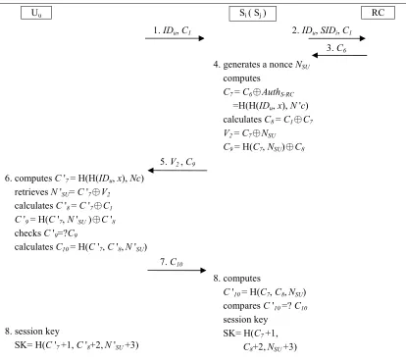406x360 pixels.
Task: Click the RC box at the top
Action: point(378,13)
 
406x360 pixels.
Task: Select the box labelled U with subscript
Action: point(36,13)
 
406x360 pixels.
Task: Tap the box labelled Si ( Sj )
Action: point(253,14)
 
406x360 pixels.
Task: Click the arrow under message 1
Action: point(175,38)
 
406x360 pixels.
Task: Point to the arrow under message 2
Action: point(336,38)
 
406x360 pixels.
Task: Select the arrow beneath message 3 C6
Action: point(339,55)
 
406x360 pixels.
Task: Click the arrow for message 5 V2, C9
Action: point(178,170)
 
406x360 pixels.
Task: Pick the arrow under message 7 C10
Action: point(177,270)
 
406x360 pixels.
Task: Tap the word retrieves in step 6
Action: point(31,192)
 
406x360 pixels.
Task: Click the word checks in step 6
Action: point(27,233)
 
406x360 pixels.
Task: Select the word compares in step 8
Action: point(241,306)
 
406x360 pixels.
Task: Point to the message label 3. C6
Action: point(336,48)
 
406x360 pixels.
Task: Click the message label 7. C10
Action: point(172,262)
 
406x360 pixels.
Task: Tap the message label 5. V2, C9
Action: point(178,162)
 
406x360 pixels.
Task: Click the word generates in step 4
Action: point(241,65)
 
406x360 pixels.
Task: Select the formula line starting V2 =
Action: point(249,133)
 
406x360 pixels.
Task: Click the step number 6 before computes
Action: point(8,179)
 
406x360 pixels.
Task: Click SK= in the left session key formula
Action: point(24,345)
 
